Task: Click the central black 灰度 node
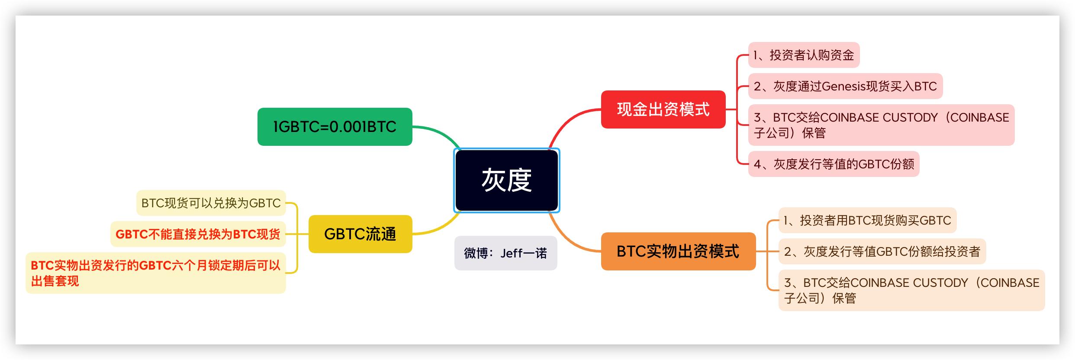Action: click(506, 180)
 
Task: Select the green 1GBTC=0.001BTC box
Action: click(335, 127)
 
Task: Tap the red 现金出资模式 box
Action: click(663, 109)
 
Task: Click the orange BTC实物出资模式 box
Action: click(678, 251)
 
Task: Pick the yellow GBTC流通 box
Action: click(360, 234)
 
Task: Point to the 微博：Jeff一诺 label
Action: click(505, 253)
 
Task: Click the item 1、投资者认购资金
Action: click(803, 55)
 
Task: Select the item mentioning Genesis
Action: click(845, 86)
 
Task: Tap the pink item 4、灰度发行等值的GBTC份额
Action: click(834, 164)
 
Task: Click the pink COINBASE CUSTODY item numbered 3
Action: click(881, 125)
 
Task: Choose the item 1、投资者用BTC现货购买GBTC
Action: click(867, 220)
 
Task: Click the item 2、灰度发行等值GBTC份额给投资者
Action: click(882, 251)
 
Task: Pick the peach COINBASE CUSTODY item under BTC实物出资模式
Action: click(911, 290)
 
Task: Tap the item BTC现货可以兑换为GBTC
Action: click(211, 203)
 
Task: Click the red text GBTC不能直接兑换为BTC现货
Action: click(198, 234)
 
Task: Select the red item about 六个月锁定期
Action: click(156, 273)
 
